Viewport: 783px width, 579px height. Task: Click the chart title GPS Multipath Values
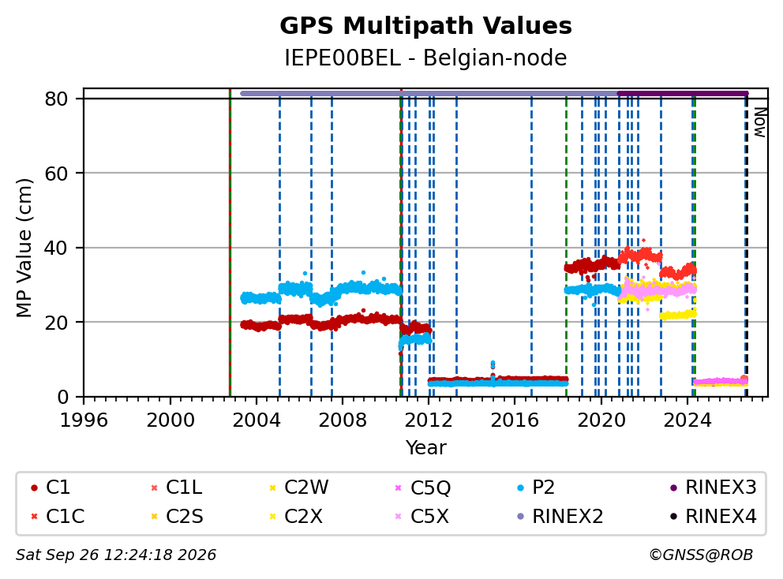click(425, 26)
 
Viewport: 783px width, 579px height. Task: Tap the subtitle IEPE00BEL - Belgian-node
click(425, 58)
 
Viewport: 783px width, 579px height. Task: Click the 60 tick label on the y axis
click(56, 174)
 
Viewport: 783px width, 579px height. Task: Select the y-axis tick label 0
click(62, 397)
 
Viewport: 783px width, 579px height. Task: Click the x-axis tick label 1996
click(84, 420)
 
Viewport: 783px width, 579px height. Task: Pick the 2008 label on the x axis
click(343, 420)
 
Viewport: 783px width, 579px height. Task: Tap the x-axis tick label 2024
click(687, 420)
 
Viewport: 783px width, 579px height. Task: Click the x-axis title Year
click(426, 448)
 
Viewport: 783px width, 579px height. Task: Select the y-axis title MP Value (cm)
click(24, 248)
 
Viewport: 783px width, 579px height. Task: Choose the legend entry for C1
click(51, 487)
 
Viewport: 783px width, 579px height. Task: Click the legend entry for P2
click(536, 487)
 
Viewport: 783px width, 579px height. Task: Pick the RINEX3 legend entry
click(714, 487)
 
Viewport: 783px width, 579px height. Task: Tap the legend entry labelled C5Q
click(422, 487)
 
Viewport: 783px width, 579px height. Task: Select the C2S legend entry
click(177, 516)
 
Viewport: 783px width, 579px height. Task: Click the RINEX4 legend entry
click(714, 516)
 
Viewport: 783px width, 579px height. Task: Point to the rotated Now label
click(759, 122)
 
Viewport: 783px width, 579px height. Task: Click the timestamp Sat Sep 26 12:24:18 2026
click(116, 555)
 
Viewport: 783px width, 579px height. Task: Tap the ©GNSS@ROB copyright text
click(701, 555)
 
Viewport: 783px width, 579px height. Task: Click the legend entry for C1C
click(58, 516)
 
